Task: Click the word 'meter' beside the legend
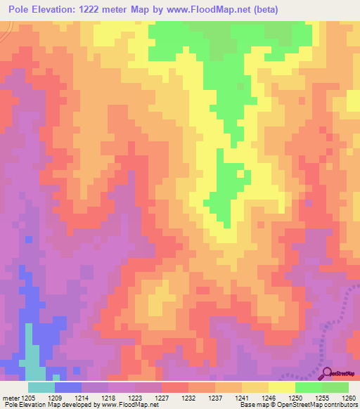tap(11, 398)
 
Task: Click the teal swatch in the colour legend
tap(41, 387)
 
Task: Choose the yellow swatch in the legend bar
tap(281, 387)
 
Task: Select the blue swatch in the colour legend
tap(67, 387)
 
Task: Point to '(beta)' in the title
tap(266, 10)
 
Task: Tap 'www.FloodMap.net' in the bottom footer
tap(129, 405)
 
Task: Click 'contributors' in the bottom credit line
tap(340, 405)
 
